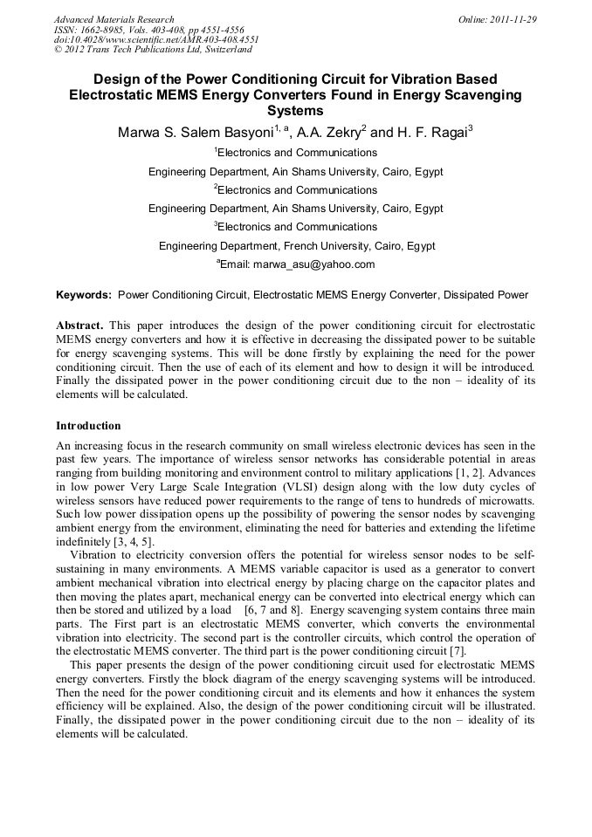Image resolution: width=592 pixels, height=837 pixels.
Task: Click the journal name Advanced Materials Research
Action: (x=114, y=19)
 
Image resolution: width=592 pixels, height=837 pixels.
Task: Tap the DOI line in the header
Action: (x=155, y=40)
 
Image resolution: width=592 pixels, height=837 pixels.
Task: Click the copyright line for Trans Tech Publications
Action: (x=153, y=51)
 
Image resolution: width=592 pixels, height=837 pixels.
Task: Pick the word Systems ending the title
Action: (x=295, y=111)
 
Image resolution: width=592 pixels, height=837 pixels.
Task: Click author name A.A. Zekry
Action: (x=329, y=134)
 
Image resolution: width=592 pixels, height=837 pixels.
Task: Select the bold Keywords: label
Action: (x=84, y=295)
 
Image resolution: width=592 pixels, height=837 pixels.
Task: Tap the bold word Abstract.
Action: (x=79, y=325)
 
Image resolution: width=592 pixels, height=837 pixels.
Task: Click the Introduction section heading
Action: (x=88, y=426)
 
